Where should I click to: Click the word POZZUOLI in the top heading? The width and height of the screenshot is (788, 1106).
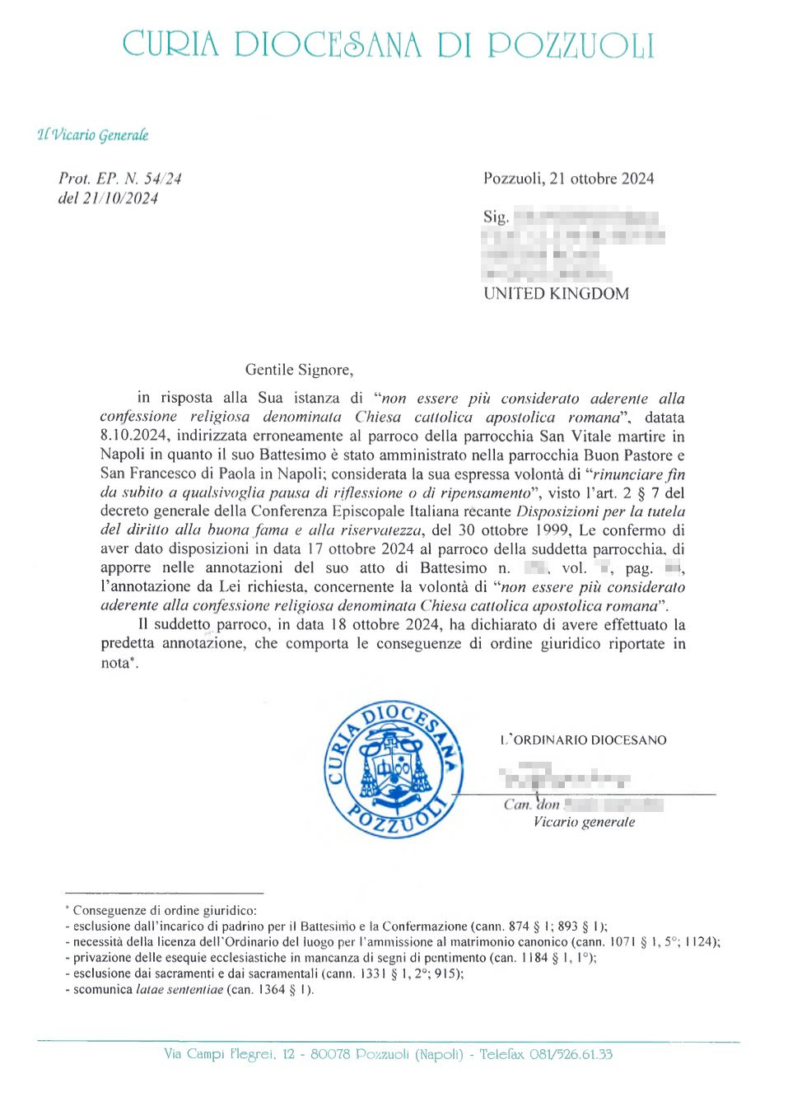[571, 45]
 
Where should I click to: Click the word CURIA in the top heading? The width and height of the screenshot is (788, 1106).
[170, 44]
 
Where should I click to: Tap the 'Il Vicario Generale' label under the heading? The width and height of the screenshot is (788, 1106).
[93, 135]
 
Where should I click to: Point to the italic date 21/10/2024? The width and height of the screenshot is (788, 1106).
[119, 198]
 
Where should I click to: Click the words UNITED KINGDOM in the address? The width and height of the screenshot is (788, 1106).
[556, 294]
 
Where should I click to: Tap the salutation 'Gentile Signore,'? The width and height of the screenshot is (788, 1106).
[299, 370]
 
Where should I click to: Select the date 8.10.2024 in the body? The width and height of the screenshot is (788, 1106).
[133, 436]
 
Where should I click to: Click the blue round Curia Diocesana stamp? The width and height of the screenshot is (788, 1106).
[394, 770]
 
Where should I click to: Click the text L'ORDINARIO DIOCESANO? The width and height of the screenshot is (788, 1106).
[584, 740]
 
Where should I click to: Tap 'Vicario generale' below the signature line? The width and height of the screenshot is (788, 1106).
[584, 822]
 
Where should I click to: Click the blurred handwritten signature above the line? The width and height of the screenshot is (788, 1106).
[564, 777]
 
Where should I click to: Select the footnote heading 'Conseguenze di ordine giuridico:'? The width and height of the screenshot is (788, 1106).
[165, 911]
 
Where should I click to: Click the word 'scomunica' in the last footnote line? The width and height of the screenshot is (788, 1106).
[102, 989]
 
